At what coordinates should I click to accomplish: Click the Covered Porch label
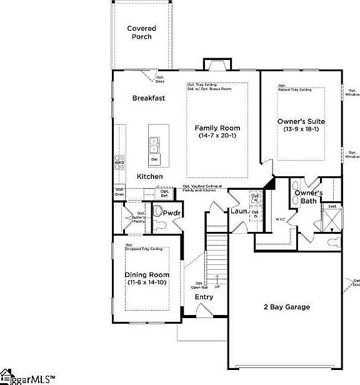[141, 32]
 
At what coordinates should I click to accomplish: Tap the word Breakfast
[149, 98]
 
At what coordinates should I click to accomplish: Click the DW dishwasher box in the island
[154, 160]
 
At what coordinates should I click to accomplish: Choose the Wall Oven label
[119, 192]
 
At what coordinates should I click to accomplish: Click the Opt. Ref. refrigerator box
[164, 193]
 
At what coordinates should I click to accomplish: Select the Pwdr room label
[172, 213]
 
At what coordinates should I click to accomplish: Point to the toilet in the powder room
[159, 211]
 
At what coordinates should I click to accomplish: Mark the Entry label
[204, 297]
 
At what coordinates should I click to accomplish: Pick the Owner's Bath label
[308, 197]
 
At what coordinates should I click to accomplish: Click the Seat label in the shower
[332, 206]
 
